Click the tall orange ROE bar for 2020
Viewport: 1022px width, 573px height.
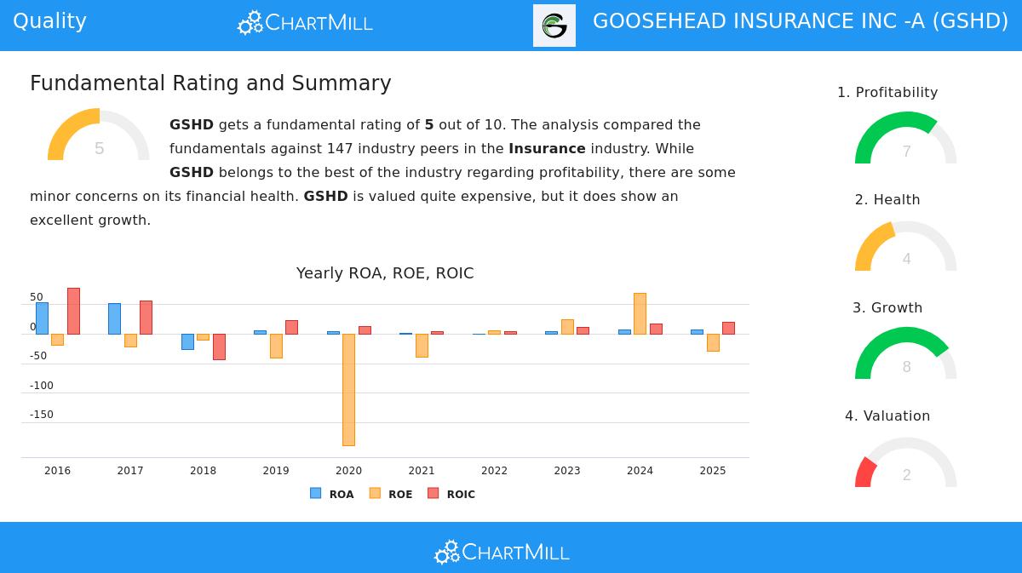(348, 389)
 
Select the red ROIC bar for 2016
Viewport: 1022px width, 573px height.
(73, 311)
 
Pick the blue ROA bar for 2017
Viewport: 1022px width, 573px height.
(114, 318)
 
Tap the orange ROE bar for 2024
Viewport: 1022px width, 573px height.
(640, 313)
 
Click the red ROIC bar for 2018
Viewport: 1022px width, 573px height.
(219, 347)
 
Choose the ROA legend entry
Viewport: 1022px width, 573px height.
(332, 494)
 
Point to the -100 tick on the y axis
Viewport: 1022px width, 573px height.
(41, 386)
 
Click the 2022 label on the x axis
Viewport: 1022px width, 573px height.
(494, 471)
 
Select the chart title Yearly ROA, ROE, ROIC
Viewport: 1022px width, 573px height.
(385, 273)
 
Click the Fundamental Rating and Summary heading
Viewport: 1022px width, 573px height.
(210, 83)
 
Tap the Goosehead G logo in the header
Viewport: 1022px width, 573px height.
(554, 26)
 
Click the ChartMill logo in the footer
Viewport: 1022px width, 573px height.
(502, 553)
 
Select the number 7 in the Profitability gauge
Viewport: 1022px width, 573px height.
(906, 152)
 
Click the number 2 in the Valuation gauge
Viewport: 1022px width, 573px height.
(906, 475)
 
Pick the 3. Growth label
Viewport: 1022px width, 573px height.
(887, 308)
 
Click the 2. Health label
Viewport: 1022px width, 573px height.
(887, 200)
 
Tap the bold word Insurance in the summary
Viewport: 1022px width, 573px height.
(547, 149)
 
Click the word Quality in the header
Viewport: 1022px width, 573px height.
(49, 21)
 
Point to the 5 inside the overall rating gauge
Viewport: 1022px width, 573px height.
(99, 149)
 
